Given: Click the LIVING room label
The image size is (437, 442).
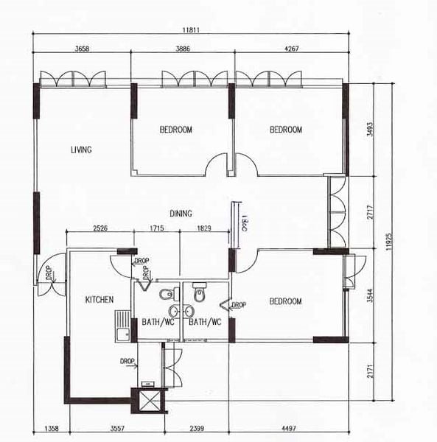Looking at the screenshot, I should (81, 150).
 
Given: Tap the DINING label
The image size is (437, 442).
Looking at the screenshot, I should (181, 214).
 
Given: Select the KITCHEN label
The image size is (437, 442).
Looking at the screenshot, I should (99, 300).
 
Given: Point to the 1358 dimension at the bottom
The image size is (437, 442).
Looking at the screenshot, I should (52, 428).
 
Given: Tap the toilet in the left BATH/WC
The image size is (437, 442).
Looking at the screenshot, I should (165, 295).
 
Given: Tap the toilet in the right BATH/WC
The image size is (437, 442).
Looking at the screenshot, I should (197, 294).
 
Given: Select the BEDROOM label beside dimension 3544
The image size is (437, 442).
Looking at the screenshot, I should (285, 301).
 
